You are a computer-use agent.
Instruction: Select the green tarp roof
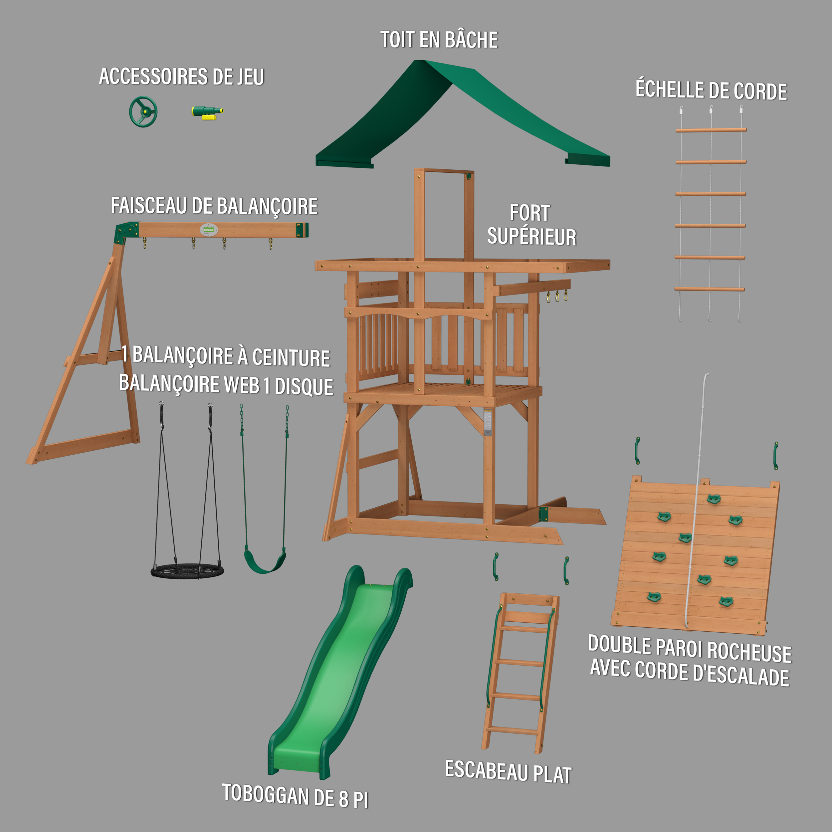click(463, 114)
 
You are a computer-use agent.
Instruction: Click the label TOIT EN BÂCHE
click(439, 40)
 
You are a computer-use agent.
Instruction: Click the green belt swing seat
click(265, 560)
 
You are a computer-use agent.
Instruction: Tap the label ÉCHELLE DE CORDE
click(711, 91)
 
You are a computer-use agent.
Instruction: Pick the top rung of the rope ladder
click(711, 129)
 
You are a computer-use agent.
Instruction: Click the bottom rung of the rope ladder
click(709, 289)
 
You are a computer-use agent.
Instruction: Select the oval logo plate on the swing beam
click(209, 230)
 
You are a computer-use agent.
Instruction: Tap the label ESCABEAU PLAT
click(508, 771)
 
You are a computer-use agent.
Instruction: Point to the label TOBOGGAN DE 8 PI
click(296, 796)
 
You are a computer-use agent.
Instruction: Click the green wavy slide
click(340, 672)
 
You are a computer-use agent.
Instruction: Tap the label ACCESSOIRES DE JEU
click(181, 77)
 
